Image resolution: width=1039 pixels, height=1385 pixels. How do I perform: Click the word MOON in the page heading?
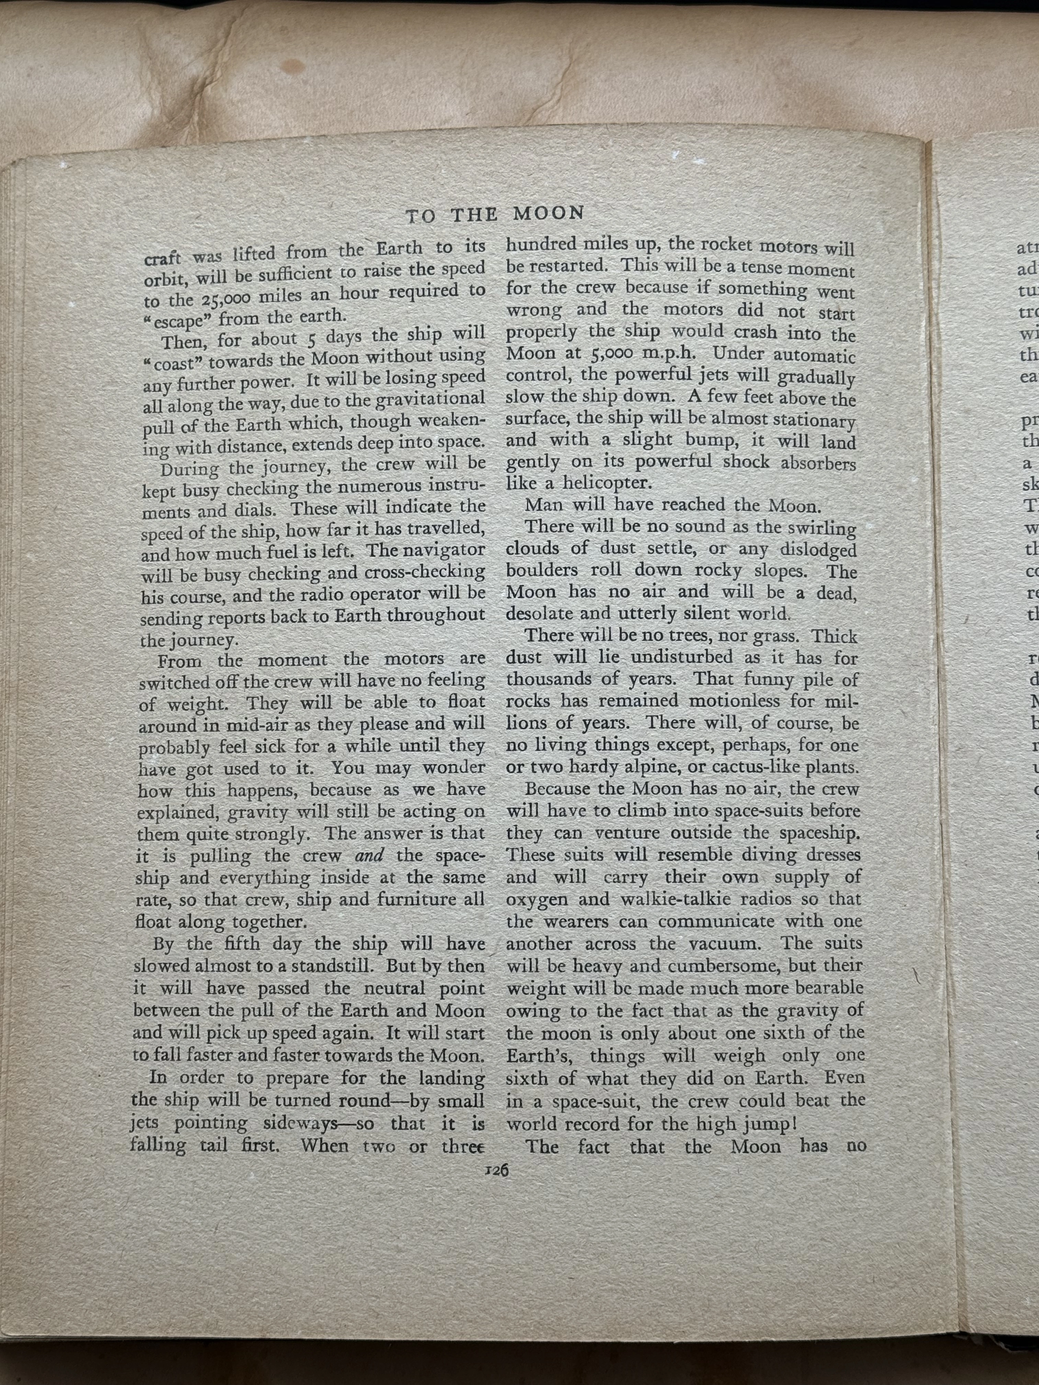point(549,214)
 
